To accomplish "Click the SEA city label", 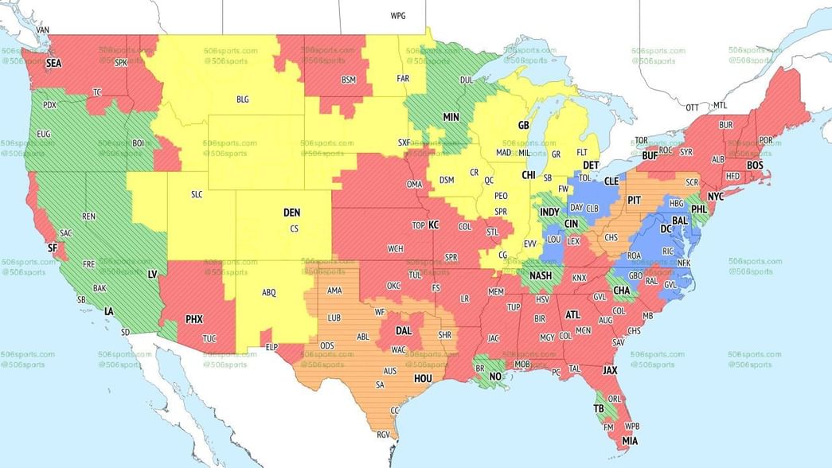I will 53,63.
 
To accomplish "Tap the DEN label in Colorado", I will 292,213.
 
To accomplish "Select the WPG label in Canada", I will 397,16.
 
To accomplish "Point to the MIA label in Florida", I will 630,441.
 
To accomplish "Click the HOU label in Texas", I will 424,379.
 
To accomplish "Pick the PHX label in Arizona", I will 193,319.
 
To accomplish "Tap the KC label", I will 434,225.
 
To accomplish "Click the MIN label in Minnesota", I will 451,117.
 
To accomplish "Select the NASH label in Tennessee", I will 541,276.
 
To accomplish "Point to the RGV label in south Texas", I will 384,435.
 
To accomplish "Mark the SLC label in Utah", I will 197,194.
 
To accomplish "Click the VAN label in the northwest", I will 43,30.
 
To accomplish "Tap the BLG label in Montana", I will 243,99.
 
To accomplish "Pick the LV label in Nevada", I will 153,274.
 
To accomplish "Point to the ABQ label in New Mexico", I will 269,292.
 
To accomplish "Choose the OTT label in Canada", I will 692,107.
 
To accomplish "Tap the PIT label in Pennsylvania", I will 635,200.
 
